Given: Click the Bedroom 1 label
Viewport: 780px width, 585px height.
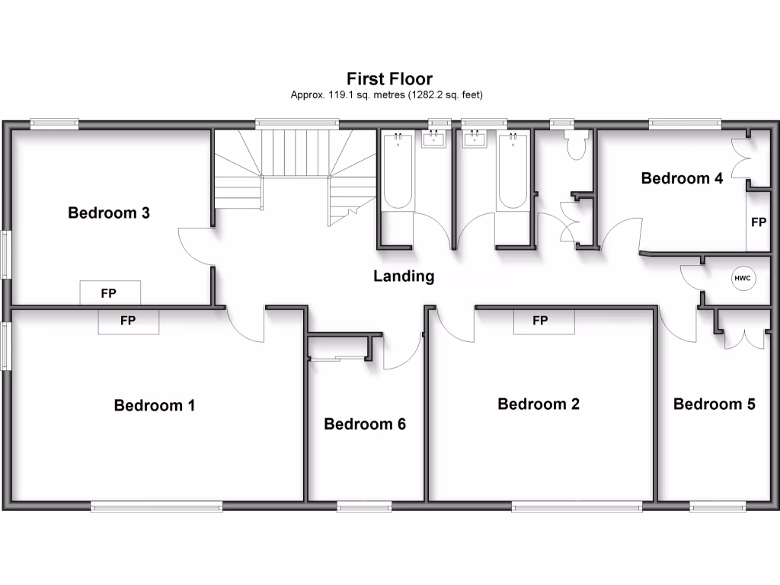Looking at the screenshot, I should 155,405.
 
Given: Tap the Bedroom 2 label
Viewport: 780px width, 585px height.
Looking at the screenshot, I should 539,404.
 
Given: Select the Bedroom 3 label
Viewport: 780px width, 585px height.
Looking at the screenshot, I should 109,213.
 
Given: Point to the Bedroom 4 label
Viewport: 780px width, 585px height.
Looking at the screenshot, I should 682,178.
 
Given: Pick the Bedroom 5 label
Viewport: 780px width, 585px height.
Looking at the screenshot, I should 714,404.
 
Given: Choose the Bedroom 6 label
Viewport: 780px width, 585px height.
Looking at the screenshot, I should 365,424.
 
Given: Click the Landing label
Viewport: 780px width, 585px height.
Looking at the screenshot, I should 404,276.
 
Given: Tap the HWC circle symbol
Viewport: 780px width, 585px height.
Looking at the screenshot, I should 743,278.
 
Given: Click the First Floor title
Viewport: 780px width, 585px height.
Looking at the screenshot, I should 389,78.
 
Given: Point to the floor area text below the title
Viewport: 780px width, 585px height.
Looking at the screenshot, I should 387,95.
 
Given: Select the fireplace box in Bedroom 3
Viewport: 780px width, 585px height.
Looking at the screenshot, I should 110,292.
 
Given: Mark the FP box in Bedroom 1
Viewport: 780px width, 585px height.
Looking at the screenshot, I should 128,321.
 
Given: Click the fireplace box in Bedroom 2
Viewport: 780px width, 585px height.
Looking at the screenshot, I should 540,321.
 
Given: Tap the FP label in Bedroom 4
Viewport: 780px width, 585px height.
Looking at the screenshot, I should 758,222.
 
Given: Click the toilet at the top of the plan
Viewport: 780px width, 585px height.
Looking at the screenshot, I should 574,144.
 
